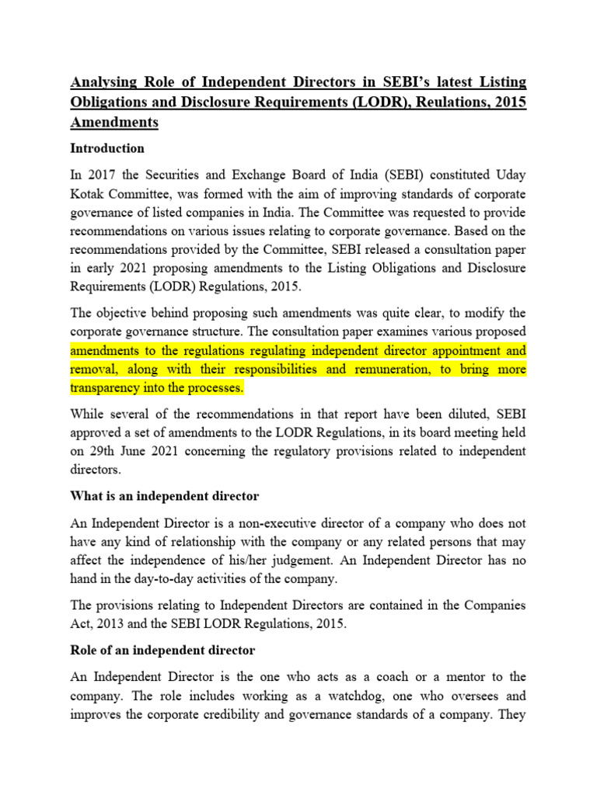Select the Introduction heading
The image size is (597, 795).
pyautogui.click(x=107, y=148)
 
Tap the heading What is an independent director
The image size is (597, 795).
pyautogui.click(x=165, y=495)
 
